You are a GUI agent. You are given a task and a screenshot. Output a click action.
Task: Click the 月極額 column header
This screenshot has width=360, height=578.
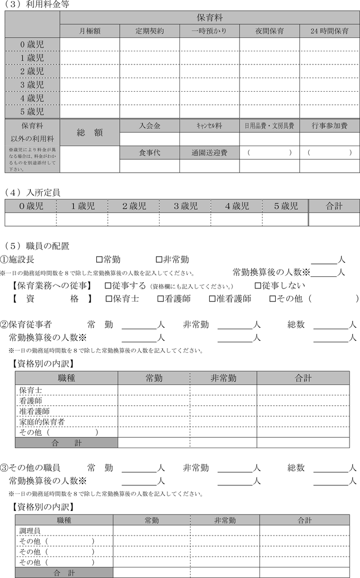pyautogui.click(x=90, y=31)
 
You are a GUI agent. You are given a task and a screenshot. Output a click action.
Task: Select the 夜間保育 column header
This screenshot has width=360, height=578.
pyautogui.click(x=269, y=31)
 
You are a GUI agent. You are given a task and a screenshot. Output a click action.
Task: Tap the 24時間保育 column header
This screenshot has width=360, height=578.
pyautogui.click(x=329, y=31)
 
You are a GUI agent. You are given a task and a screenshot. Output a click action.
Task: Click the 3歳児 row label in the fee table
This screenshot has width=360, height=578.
pyautogui.click(x=32, y=85)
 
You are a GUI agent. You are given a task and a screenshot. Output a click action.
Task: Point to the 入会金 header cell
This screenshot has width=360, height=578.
pyautogui.click(x=150, y=126)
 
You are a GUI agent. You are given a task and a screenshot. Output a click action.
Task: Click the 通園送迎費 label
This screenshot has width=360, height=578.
pyautogui.click(x=209, y=153)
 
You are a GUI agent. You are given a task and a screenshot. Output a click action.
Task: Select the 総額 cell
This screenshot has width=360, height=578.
pyautogui.click(x=89, y=133)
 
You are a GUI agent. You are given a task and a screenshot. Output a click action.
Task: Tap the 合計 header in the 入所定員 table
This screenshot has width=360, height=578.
pyautogui.click(x=334, y=206)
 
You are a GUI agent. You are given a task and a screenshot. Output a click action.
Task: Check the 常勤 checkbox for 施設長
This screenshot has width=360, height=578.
pyautogui.click(x=99, y=259)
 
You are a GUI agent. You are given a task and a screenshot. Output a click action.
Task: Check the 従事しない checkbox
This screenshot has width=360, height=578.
pyautogui.click(x=257, y=286)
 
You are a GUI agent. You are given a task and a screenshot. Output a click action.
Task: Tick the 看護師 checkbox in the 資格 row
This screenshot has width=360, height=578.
pyautogui.click(x=161, y=299)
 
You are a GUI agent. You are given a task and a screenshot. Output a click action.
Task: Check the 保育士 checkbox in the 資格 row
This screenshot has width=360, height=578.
pyautogui.click(x=109, y=299)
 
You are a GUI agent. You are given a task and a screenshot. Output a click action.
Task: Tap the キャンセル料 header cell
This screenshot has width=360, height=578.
pyautogui.click(x=209, y=126)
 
